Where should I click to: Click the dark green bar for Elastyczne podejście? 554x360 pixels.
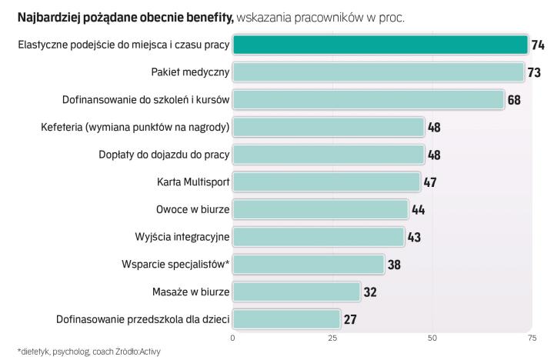[380, 45]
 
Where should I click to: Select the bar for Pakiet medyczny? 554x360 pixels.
[379, 72]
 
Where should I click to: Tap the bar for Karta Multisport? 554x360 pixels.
[326, 182]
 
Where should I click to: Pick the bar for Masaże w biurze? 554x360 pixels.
[296, 292]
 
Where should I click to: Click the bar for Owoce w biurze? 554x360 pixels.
[320, 209]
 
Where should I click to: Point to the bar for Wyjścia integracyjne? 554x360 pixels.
[318, 236]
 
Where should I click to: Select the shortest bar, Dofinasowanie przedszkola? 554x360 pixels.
[286, 318]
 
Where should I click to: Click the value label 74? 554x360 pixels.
[538, 45]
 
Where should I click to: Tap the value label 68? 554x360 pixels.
[514, 100]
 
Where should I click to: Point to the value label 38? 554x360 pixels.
[394, 265]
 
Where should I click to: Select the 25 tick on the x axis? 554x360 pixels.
[332, 338]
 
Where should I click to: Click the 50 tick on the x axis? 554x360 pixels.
[432, 338]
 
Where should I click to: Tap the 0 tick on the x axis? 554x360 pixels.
[233, 338]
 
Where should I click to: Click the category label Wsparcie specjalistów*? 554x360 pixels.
[175, 264]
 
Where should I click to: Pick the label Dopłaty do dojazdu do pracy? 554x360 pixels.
[165, 155]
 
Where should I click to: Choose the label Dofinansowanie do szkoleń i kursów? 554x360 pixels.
[145, 100]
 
